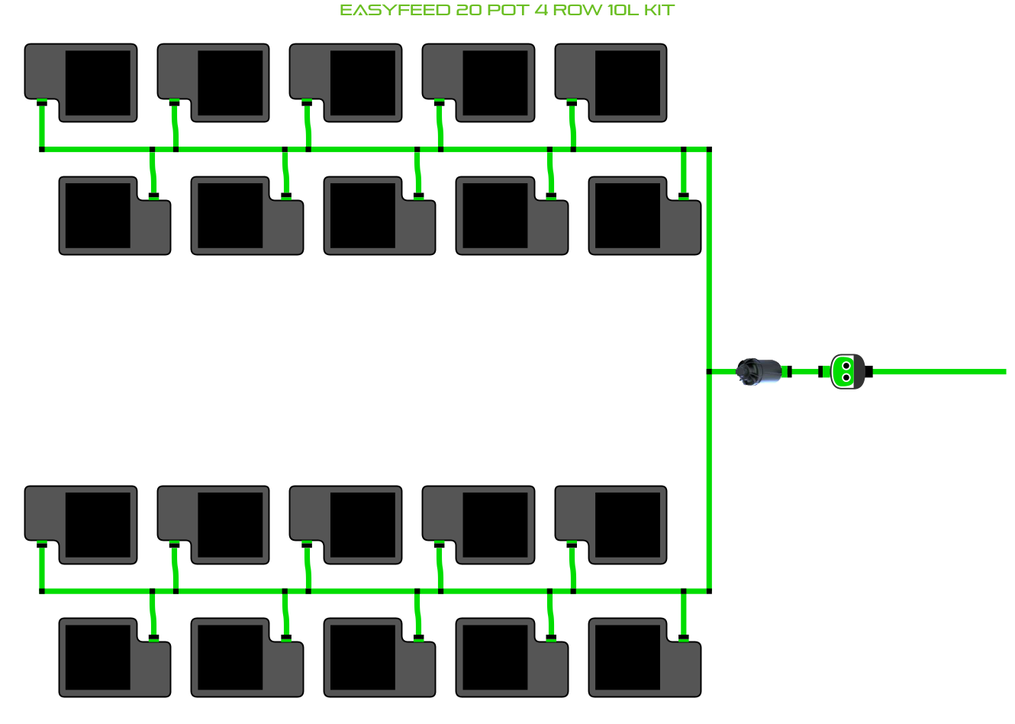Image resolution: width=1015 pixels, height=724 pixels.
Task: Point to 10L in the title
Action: pyautogui.click(x=623, y=11)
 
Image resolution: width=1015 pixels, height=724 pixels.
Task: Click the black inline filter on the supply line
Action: pyautogui.click(x=759, y=372)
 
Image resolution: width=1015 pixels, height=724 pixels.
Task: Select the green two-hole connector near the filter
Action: pyautogui.click(x=846, y=372)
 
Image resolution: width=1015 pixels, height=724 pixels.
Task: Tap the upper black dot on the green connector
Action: pyautogui.click(x=846, y=367)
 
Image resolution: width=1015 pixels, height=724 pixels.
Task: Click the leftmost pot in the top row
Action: pyautogui.click(x=97, y=82)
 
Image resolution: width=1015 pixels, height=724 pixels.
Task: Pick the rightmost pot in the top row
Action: pyautogui.click(x=627, y=82)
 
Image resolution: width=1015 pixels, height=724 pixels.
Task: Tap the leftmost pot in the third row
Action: pyautogui.click(x=97, y=525)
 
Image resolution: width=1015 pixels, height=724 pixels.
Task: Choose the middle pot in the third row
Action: pyautogui.click(x=362, y=525)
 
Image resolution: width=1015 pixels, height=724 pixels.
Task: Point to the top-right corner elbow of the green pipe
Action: pyautogui.click(x=710, y=150)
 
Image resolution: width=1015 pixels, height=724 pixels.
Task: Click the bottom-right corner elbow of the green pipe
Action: pyautogui.click(x=710, y=591)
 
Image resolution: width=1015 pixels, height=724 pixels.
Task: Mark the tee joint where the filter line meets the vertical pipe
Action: pyautogui.click(x=710, y=372)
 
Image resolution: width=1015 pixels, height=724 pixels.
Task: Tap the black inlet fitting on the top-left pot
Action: pyautogui.click(x=42, y=103)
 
